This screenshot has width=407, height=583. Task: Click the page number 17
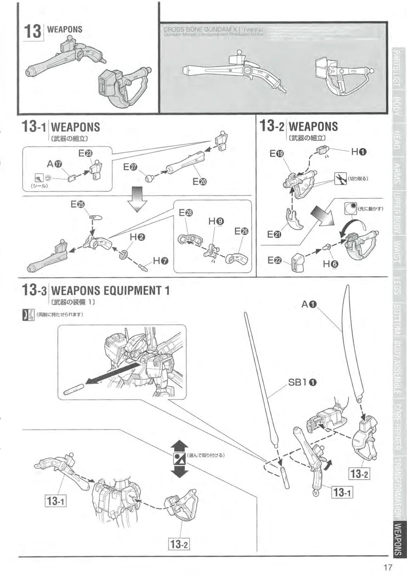click(388, 567)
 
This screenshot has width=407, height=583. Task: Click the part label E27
click(130, 167)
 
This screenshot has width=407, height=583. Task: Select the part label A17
click(55, 164)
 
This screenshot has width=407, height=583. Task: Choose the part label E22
click(274, 260)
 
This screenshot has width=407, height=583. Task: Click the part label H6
click(330, 264)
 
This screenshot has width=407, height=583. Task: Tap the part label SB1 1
click(303, 382)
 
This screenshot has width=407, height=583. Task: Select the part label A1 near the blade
click(310, 304)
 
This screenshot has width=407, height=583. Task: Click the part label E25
click(78, 204)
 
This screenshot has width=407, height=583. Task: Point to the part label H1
click(359, 152)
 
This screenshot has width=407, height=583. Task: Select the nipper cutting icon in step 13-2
click(340, 178)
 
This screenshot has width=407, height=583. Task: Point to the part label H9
click(216, 221)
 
